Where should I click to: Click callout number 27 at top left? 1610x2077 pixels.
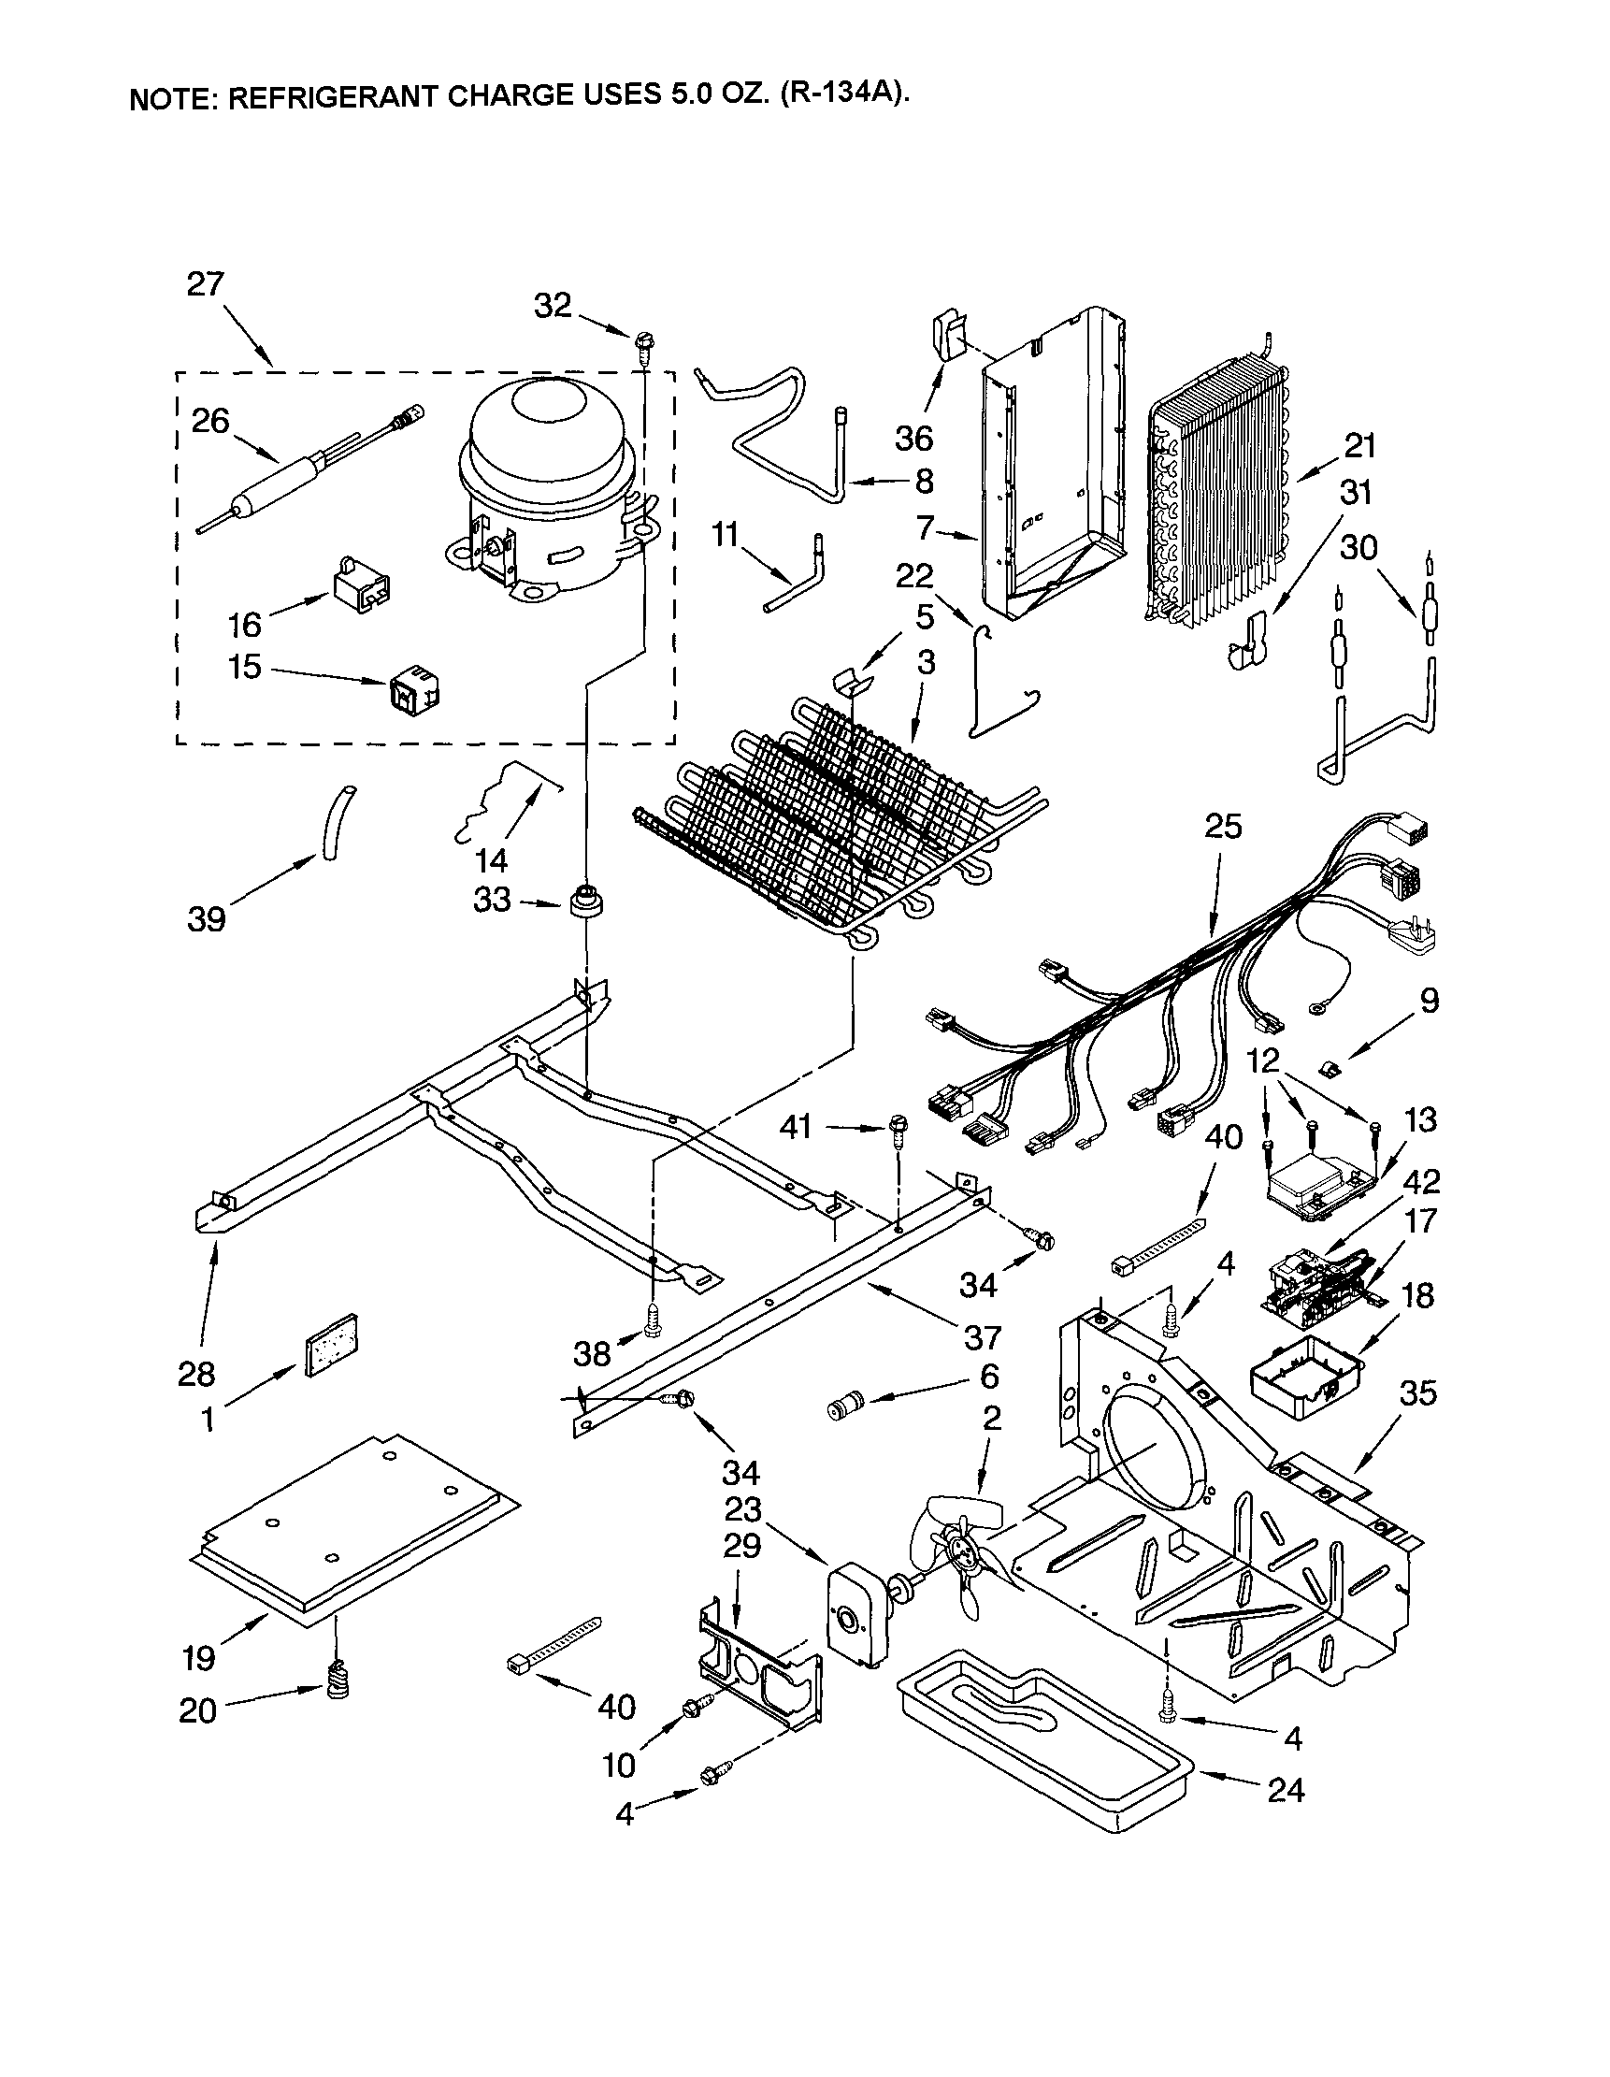(x=205, y=283)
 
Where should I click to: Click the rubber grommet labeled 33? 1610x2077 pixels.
(x=587, y=900)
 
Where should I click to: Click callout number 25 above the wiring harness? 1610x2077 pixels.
(x=1223, y=827)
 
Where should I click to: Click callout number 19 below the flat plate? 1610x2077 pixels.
(x=199, y=1659)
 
